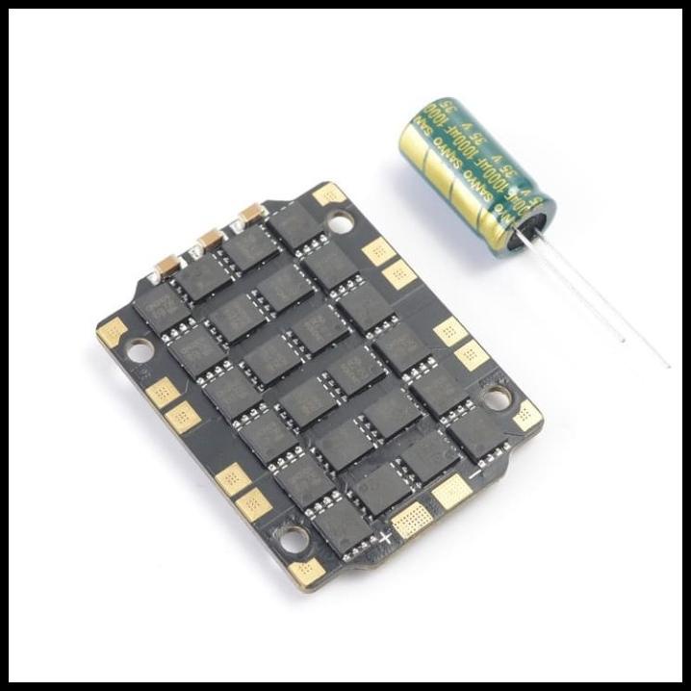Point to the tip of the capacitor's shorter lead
(x=624, y=341)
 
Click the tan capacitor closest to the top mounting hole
(x=252, y=213)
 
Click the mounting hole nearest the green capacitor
(x=339, y=223)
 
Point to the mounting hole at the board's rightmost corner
(x=495, y=397)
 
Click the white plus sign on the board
(x=388, y=532)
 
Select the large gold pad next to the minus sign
(x=451, y=493)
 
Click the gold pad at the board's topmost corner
(x=329, y=194)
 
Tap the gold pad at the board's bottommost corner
(x=305, y=571)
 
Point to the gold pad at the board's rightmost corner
(x=525, y=416)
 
